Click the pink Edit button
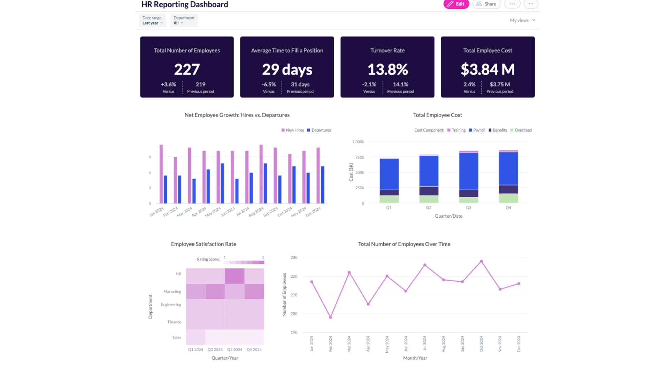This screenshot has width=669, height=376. coord(456,4)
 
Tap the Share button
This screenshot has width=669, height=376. coord(486,4)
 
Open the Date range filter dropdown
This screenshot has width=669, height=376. coord(152,21)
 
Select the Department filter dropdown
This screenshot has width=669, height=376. coord(184,21)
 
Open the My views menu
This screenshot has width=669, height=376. coord(522,20)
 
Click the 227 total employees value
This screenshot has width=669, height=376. coord(187,69)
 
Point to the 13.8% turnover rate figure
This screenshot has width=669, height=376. coord(387,69)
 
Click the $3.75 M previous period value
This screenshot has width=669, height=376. coord(500,84)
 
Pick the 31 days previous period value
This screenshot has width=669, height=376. coord(300,84)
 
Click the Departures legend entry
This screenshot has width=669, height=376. coord(319,130)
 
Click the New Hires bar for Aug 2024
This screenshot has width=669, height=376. coord(261,174)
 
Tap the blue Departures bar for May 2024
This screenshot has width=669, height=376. coord(222,183)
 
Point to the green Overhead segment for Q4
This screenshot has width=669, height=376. coord(508,198)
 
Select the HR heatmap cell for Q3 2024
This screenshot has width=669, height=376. coord(234,276)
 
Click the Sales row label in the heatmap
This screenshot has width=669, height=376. coord(176,337)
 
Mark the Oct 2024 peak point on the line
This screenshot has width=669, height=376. coord(481,261)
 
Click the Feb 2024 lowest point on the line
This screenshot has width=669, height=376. coord(330,317)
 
